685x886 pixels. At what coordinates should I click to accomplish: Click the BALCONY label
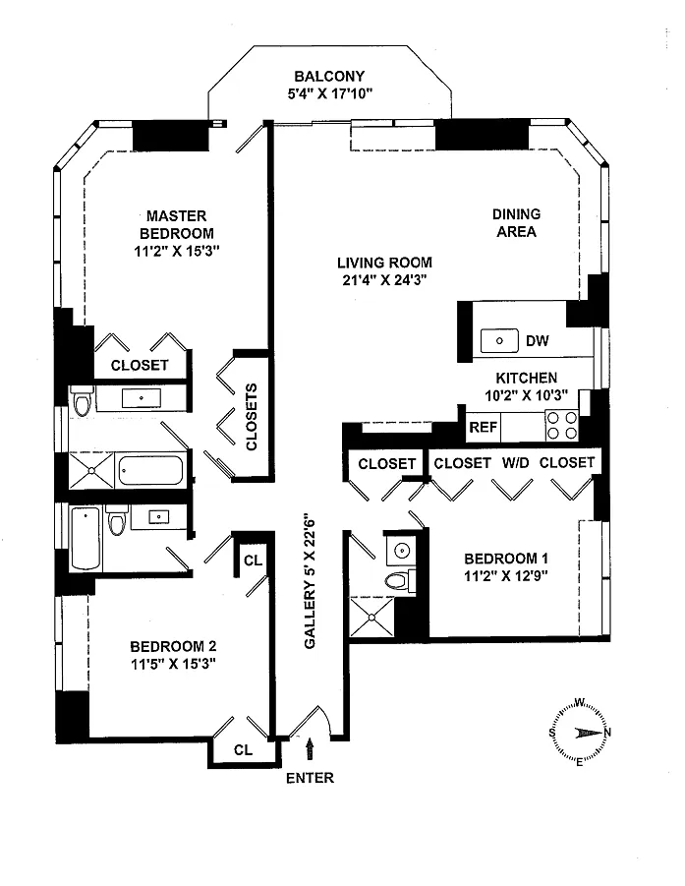(329, 77)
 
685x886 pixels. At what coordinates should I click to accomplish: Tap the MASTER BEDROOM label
(177, 224)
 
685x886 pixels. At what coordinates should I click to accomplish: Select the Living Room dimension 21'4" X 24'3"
(384, 279)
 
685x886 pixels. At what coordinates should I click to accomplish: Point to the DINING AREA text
(516, 222)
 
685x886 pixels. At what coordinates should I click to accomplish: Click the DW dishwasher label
(537, 340)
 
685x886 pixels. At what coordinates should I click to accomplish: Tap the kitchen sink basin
(499, 340)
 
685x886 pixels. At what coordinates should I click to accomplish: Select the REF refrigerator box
(483, 427)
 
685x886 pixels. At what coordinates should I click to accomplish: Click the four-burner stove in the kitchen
(562, 426)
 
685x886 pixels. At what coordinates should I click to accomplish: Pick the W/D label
(516, 463)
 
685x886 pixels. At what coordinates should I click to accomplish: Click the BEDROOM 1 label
(506, 559)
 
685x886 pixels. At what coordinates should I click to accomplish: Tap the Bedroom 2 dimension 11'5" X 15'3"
(173, 664)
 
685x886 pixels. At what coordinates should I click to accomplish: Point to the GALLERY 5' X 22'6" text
(310, 581)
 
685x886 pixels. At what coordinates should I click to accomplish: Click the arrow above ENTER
(310, 749)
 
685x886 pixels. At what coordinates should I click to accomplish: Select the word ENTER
(310, 778)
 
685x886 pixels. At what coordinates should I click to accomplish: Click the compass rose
(580, 733)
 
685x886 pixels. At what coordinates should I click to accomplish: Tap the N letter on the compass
(607, 733)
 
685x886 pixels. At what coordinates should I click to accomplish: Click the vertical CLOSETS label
(252, 417)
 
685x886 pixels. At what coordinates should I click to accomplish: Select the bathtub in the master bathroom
(150, 471)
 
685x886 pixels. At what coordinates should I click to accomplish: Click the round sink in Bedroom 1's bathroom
(402, 551)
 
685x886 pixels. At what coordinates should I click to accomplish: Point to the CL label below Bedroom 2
(244, 750)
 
